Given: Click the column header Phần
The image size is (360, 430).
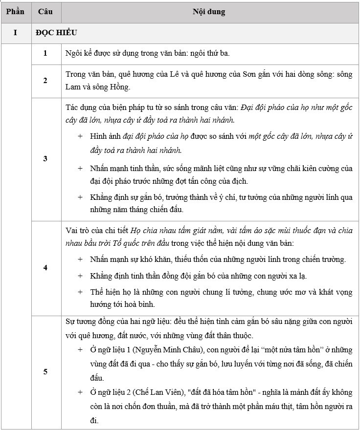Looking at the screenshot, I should [15, 11].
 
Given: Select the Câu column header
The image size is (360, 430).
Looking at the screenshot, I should [45, 11].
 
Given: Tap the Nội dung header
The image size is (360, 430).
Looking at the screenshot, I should [209, 11].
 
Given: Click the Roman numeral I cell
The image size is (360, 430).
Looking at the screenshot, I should [15, 33].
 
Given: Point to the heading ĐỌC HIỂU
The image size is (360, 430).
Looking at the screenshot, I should [55, 33].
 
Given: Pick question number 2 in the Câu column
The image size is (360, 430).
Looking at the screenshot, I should [45, 81].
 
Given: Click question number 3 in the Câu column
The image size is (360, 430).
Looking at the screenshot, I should [45, 159].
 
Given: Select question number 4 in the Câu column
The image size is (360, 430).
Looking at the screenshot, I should [45, 268].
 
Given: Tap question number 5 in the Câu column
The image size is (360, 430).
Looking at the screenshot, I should [45, 371].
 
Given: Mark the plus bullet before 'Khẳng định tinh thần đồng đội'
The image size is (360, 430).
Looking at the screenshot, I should [80, 276].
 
